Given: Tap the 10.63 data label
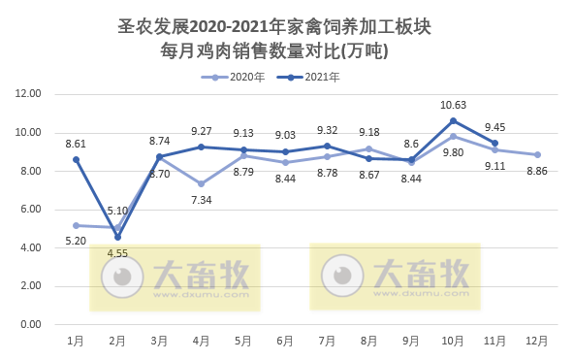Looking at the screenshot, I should (x=454, y=105).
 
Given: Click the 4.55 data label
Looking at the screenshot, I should (x=117, y=253).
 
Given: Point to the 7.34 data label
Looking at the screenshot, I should (x=202, y=199).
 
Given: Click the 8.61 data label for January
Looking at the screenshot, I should (x=76, y=144).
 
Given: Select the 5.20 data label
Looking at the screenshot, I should (x=76, y=241).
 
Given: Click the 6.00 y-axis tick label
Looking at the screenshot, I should (x=28, y=210).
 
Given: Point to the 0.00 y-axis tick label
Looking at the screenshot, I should (x=28, y=324).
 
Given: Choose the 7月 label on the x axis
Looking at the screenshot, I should (x=327, y=341).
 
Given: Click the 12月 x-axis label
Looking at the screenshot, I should (x=536, y=341).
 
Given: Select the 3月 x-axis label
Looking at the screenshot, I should (x=160, y=341).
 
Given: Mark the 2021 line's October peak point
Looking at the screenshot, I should (x=453, y=120).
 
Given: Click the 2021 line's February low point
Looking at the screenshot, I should (x=117, y=237).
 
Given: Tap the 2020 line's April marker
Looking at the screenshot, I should (x=202, y=183).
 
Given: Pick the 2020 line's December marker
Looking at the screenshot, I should (x=537, y=154).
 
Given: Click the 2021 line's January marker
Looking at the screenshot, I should (x=76, y=159).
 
